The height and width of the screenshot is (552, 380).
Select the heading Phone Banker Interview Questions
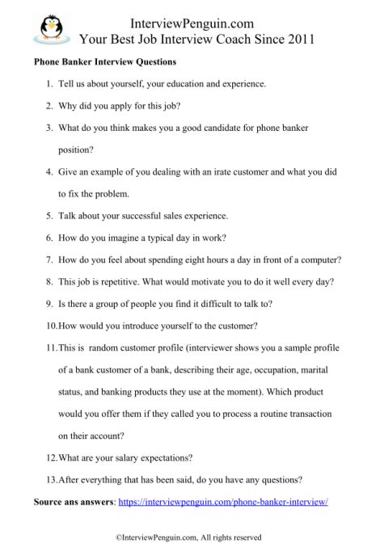click(105, 61)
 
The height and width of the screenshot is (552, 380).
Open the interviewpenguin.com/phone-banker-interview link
click(222, 502)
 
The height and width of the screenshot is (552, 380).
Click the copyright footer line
click(188, 536)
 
